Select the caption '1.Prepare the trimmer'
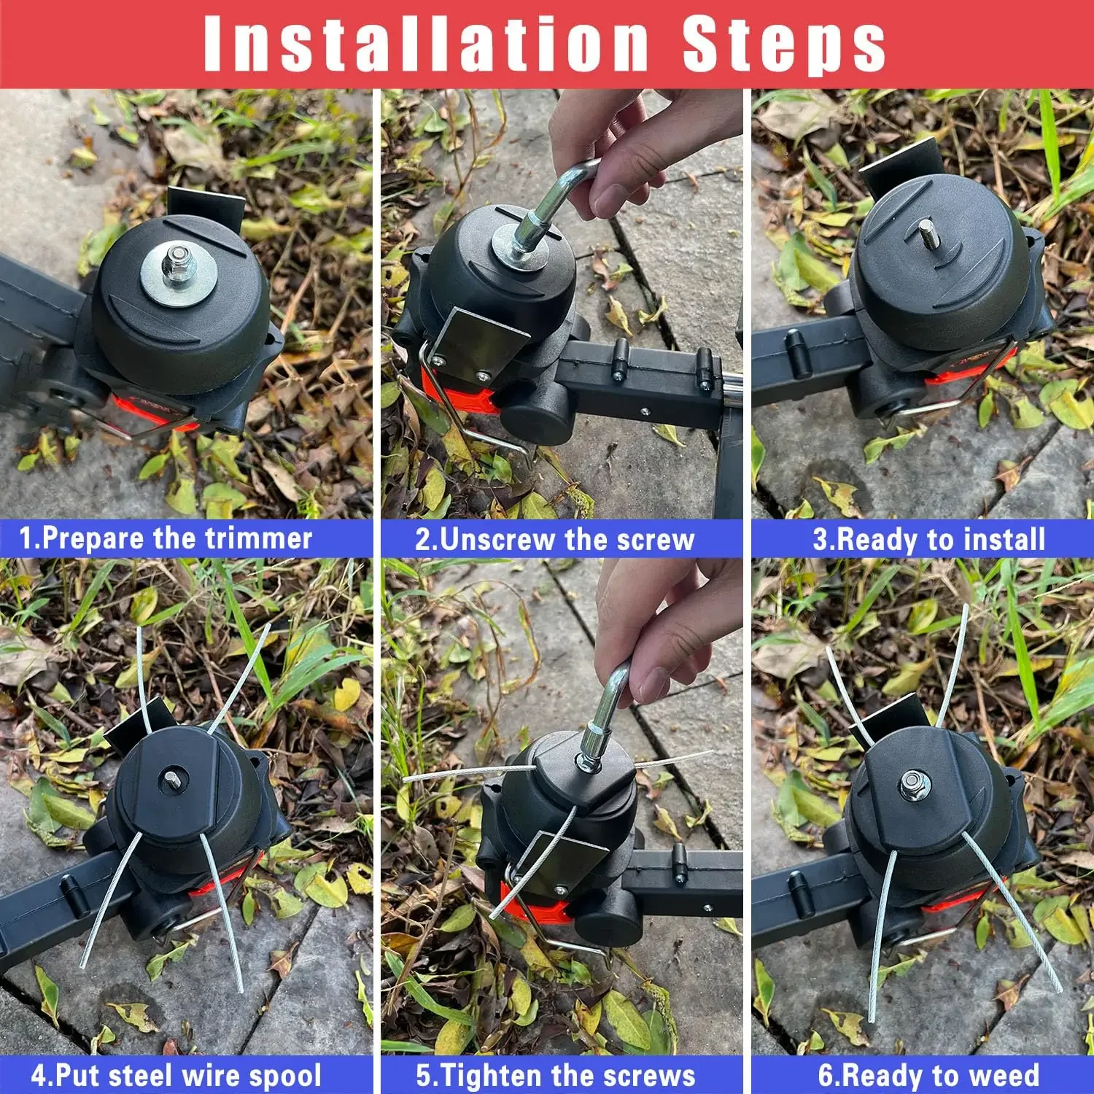pos(166,539)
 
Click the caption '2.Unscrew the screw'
pos(554,540)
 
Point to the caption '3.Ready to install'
pos(928,540)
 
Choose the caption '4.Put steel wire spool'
pos(176,1076)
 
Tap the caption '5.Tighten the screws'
pos(556,1076)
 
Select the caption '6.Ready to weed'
pos(928,1076)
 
